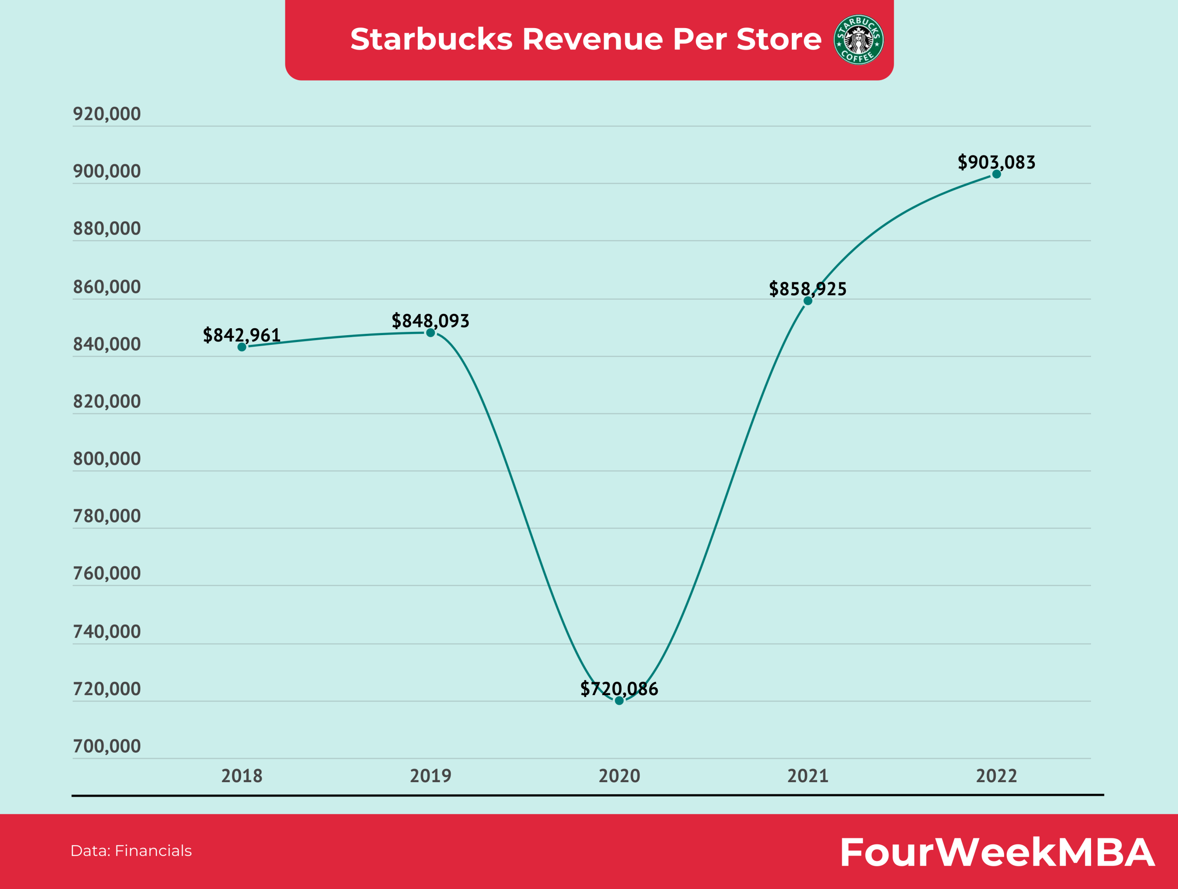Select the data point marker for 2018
click(x=242, y=347)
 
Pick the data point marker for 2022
click(x=996, y=174)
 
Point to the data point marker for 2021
click(x=808, y=301)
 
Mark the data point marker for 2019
click(x=430, y=333)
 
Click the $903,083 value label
click(x=996, y=162)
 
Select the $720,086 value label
click(x=619, y=688)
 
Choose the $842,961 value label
click(x=242, y=335)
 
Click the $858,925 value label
click(x=808, y=288)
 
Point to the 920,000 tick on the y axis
click(x=106, y=113)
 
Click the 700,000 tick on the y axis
click(x=106, y=746)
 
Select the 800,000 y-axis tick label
click(x=106, y=458)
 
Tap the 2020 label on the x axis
click(x=619, y=776)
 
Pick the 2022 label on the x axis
click(x=996, y=776)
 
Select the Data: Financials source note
click(x=131, y=851)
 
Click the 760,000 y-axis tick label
click(x=106, y=573)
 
